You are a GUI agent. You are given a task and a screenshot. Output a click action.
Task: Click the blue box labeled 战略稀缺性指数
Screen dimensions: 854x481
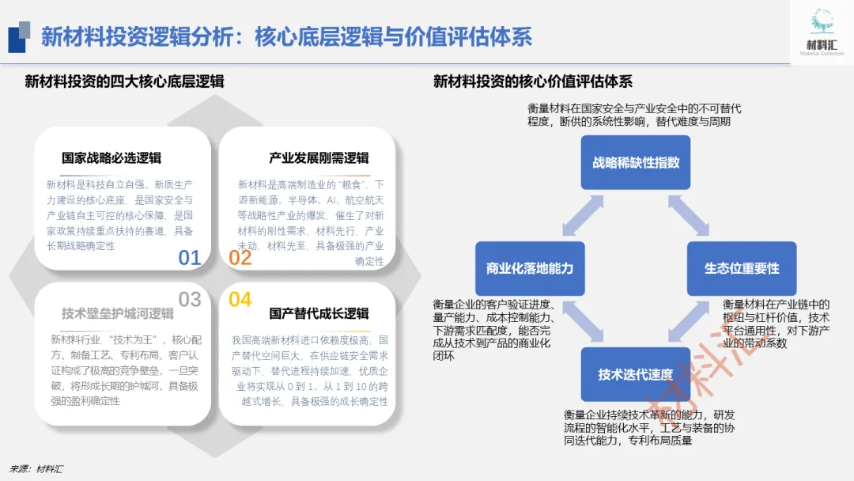[636, 162]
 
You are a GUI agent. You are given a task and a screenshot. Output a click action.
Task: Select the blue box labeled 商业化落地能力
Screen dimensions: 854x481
[529, 268]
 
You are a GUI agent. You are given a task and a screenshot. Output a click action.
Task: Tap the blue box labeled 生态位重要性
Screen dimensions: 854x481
[742, 268]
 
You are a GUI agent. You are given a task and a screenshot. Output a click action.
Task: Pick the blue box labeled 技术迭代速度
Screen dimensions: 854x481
[636, 374]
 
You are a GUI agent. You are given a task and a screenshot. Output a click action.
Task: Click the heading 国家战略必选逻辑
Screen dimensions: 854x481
[111, 158]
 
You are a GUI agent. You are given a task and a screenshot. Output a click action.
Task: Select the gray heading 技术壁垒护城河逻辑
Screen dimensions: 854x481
[118, 313]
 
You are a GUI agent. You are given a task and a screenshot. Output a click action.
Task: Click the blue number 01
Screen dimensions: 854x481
[190, 258]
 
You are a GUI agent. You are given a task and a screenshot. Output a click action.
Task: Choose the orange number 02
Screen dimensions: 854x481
[240, 258]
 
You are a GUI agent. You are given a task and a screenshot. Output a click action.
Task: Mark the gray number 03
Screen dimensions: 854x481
[190, 299]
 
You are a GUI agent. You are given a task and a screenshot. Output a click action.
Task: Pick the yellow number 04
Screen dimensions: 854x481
[240, 299]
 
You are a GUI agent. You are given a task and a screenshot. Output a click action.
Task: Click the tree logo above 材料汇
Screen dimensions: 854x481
[822, 22]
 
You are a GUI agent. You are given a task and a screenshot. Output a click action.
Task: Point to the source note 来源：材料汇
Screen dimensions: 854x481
[36, 468]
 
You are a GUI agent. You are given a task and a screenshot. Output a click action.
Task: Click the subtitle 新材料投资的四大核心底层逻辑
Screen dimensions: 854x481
[124, 81]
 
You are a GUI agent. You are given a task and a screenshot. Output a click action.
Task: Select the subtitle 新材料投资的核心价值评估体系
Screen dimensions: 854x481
[533, 81]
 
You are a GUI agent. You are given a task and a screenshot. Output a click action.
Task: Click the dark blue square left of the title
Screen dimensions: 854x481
[17, 37]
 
